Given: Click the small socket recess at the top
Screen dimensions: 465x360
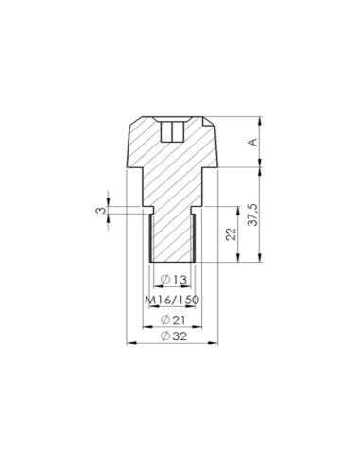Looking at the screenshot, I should coord(172,130).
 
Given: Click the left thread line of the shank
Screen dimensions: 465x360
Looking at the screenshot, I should coord(152,236).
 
